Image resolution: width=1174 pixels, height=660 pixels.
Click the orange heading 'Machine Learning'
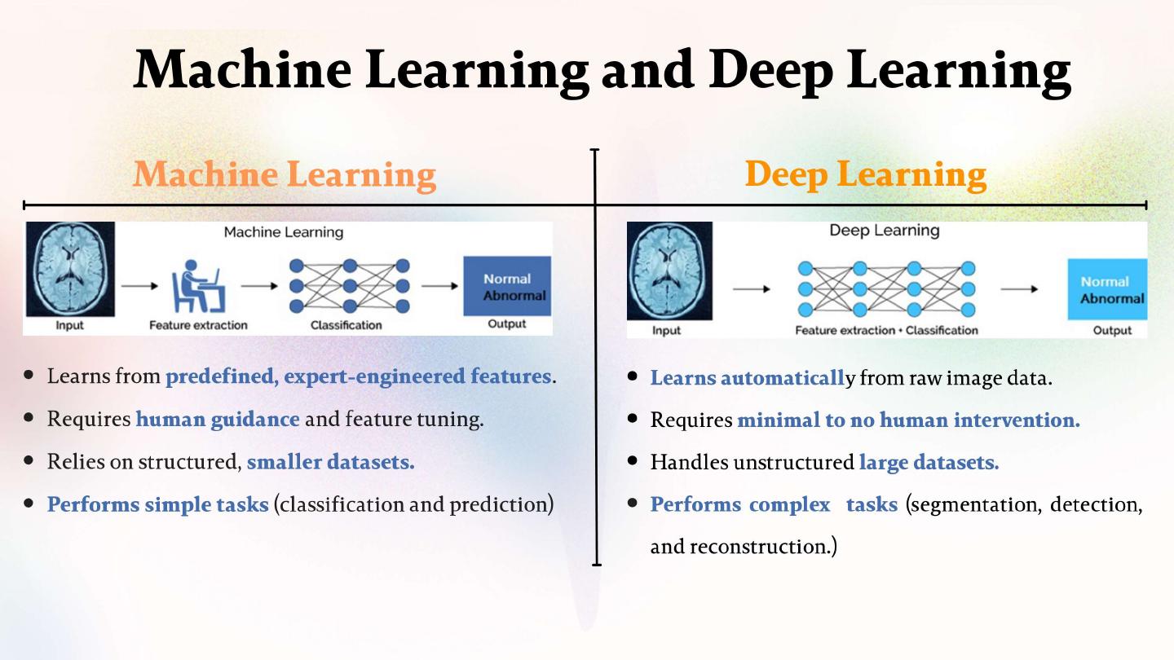coord(285,174)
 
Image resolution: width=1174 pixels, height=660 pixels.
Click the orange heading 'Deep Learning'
coord(865,174)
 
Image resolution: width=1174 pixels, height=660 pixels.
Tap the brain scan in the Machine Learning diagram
coord(70,269)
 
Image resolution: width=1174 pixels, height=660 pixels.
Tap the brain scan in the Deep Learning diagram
coord(669,271)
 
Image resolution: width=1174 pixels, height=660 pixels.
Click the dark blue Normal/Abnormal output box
coord(507,286)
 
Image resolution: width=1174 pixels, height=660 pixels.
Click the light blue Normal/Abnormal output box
coord(1107,289)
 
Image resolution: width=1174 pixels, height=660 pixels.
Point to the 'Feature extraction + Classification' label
coord(886,330)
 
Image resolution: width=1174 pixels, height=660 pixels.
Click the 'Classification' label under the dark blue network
coord(346,325)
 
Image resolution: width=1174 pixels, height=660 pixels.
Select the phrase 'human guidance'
coord(218,420)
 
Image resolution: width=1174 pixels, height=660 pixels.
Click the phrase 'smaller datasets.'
coord(330,462)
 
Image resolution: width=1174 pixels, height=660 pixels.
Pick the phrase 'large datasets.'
coord(929,463)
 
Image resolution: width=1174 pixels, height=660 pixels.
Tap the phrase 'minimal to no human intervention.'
coord(908,420)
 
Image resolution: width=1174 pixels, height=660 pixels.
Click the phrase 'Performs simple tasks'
coord(157,504)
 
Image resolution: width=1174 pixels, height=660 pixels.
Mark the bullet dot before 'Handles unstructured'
coord(633,461)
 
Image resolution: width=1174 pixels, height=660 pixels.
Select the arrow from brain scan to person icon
coord(140,286)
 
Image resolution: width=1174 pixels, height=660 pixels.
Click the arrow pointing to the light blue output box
coord(1019,288)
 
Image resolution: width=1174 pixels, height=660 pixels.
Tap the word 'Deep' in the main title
coord(770,69)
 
